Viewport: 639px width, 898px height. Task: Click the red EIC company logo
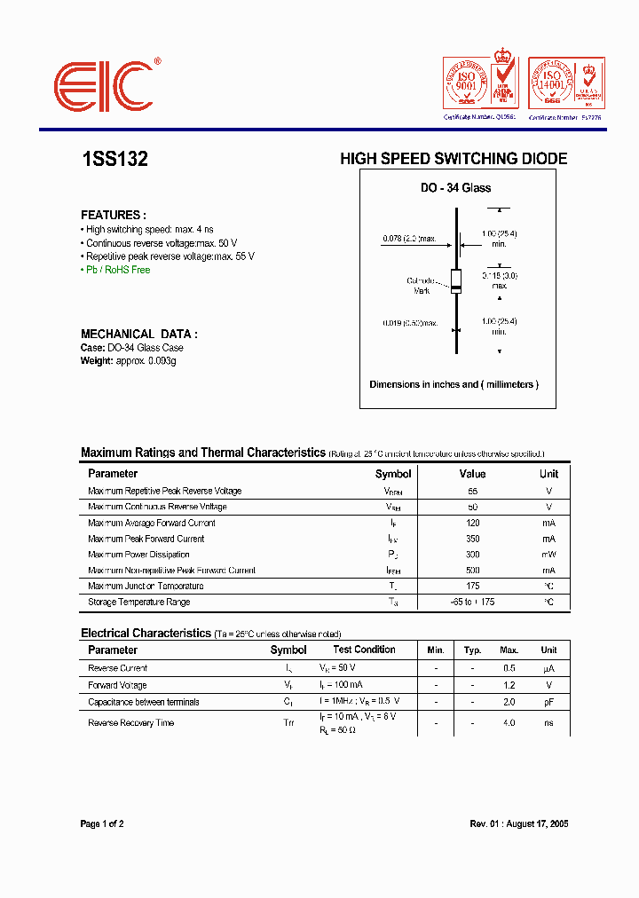(105, 87)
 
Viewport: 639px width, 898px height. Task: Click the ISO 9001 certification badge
(479, 85)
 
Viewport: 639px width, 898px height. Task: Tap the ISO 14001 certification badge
(565, 85)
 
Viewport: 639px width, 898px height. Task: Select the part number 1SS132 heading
(114, 160)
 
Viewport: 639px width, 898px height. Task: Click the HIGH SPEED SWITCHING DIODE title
(454, 160)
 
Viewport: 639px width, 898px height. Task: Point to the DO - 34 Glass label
(455, 188)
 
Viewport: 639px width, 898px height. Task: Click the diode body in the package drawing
(456, 281)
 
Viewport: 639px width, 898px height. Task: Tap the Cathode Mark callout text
(422, 286)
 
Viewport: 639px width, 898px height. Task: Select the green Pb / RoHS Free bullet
(117, 270)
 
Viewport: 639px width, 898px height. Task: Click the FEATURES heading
(113, 216)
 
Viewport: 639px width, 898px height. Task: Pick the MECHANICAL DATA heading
(138, 335)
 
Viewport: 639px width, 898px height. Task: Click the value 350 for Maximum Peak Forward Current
(472, 539)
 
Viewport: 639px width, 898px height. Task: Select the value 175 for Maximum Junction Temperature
(472, 587)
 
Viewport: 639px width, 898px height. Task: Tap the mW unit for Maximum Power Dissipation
(548, 555)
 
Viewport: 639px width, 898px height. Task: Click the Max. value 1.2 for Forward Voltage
(509, 685)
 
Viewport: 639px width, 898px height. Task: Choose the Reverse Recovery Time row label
(130, 723)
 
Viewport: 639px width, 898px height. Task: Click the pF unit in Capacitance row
(548, 702)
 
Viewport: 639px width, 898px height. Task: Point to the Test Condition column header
(364, 650)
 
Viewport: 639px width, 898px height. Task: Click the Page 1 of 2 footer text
(102, 824)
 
